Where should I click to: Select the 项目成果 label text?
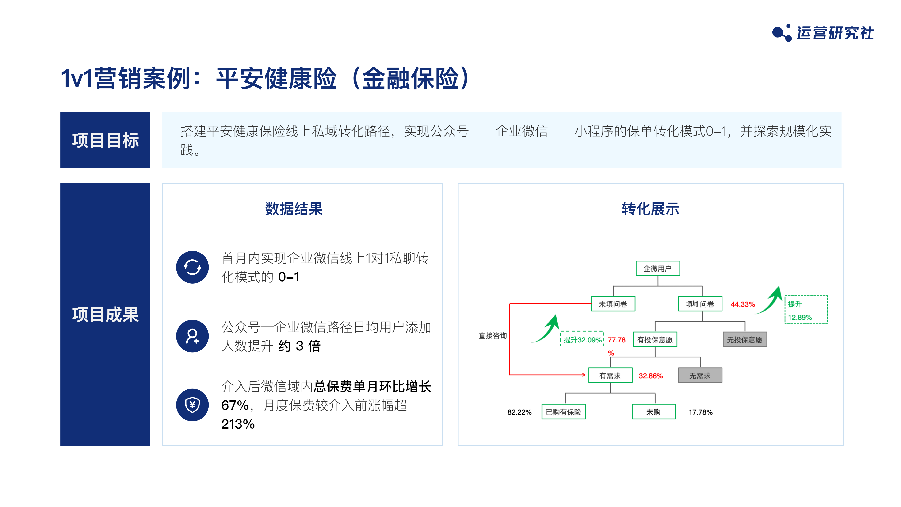point(105,314)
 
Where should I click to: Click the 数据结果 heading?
point(294,209)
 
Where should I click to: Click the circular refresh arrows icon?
point(192,267)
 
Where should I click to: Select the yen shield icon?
point(192,405)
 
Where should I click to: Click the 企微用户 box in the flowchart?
point(657,268)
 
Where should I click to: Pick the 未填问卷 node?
point(613,304)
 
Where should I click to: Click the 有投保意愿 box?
point(655,339)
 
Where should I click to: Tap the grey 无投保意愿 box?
point(745,339)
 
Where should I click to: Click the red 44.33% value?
point(743,304)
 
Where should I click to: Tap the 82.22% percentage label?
point(519,412)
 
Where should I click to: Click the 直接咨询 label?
point(492,336)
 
